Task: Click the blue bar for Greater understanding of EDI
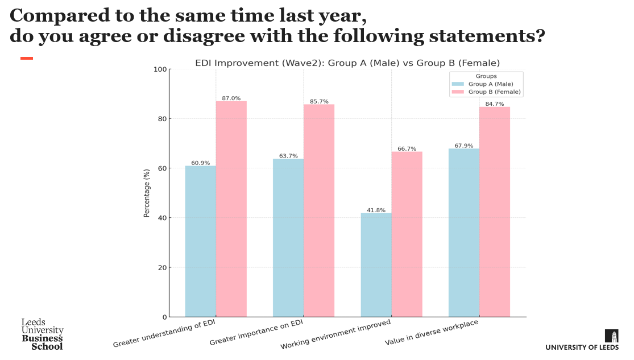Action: point(200,241)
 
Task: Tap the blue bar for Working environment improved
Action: point(376,265)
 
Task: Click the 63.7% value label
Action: point(288,156)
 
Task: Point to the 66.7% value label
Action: point(407,148)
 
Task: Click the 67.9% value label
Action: point(464,146)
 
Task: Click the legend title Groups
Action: point(486,76)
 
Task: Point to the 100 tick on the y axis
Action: point(161,69)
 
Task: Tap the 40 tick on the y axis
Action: point(163,218)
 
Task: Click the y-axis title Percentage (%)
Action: point(147,193)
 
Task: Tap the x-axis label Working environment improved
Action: point(335,334)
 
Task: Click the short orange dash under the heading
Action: point(27,58)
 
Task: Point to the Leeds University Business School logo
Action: point(42,334)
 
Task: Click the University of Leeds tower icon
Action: point(611,336)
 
